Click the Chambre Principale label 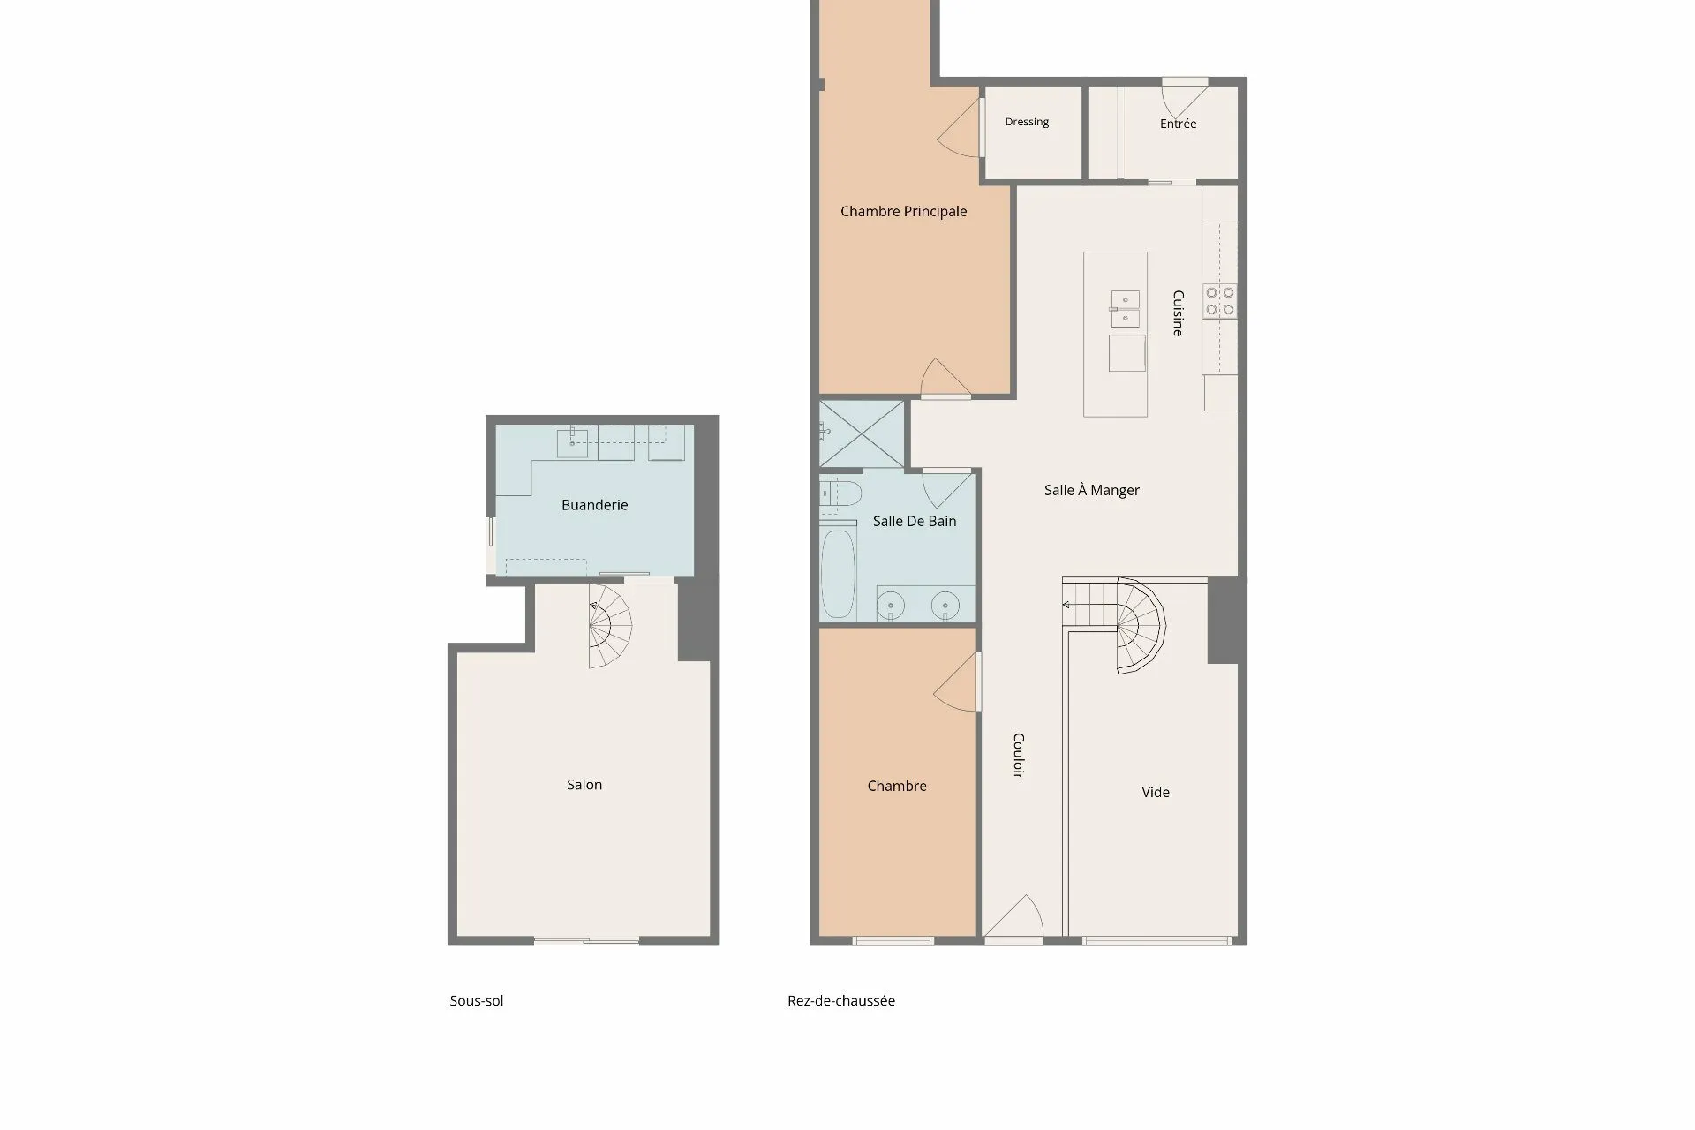[x=903, y=212]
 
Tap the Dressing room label [x=1027, y=122]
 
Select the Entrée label [x=1178, y=124]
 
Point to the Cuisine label [x=1178, y=313]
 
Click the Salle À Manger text [x=1092, y=490]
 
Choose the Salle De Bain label [x=915, y=521]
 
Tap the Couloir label [x=1018, y=755]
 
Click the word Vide [x=1156, y=792]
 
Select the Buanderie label [x=594, y=505]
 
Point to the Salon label [x=584, y=784]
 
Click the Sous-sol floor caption [x=477, y=1000]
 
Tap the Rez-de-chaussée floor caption [x=841, y=1000]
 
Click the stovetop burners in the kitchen [x=1219, y=300]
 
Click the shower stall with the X [x=863, y=433]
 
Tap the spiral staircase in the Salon [x=610, y=626]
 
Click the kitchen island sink [x=1125, y=309]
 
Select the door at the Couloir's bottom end [x=1013, y=918]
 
